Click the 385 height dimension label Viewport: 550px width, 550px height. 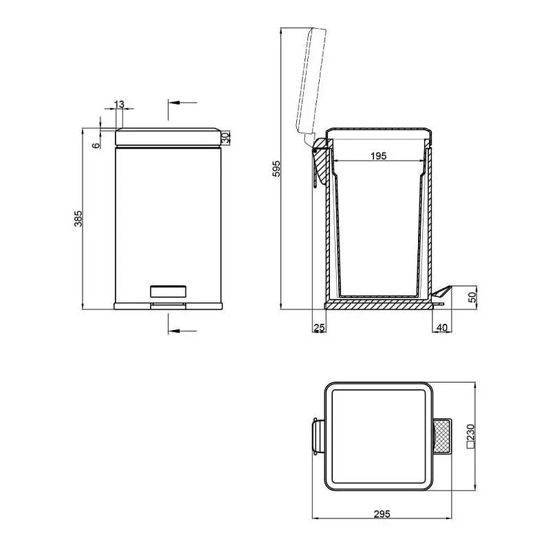click(78, 218)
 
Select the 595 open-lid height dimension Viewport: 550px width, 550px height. click(276, 168)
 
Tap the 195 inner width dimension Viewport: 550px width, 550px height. click(379, 156)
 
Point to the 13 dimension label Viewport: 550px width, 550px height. click(119, 104)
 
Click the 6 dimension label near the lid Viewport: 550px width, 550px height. click(96, 145)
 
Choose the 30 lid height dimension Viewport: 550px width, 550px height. click(226, 137)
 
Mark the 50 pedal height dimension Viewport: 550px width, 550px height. click(473, 298)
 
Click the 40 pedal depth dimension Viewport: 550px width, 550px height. click(441, 327)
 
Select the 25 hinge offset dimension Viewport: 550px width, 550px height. click(319, 327)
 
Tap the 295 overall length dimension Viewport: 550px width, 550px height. click(382, 514)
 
